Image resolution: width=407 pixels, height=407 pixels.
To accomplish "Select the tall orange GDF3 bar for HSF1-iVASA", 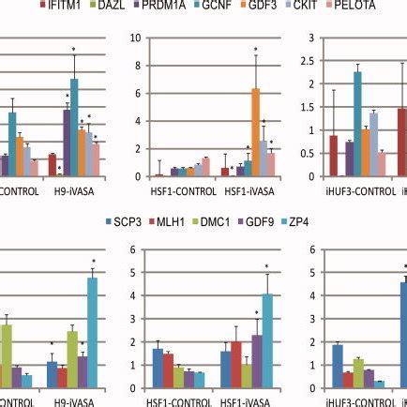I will pos(254,132).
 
